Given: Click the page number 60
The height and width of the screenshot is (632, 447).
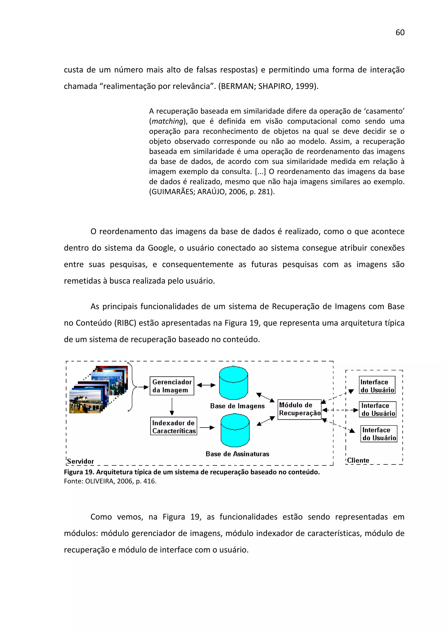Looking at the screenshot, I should pyautogui.click(x=400, y=32).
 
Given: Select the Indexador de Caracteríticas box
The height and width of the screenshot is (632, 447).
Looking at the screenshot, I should pyautogui.click(x=174, y=426).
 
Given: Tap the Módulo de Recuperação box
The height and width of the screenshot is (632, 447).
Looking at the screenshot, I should pyautogui.click(x=299, y=409).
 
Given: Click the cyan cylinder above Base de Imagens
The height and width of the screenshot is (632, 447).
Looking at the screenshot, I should pyautogui.click(x=234, y=383).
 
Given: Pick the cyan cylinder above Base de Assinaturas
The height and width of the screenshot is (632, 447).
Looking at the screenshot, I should pyautogui.click(x=235, y=430).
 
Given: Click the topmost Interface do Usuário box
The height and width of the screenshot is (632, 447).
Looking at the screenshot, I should pyautogui.click(x=377, y=385).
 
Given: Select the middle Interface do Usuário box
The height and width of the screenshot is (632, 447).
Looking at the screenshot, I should pyautogui.click(x=378, y=409).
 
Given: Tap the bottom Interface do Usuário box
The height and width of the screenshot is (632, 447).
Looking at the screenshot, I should pyautogui.click(x=379, y=434).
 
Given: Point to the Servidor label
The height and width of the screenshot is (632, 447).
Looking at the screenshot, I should pyautogui.click(x=80, y=461).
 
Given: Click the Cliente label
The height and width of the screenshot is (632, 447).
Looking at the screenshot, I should pyautogui.click(x=358, y=460).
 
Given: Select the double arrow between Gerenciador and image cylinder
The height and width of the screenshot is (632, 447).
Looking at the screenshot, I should pyautogui.click(x=206, y=385).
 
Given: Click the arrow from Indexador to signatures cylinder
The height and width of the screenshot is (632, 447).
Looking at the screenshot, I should pyautogui.click(x=207, y=427).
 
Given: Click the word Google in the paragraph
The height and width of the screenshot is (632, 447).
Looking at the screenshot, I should pyautogui.click(x=161, y=248).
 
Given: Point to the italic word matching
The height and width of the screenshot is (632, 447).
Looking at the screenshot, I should pyautogui.click(x=167, y=121).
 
